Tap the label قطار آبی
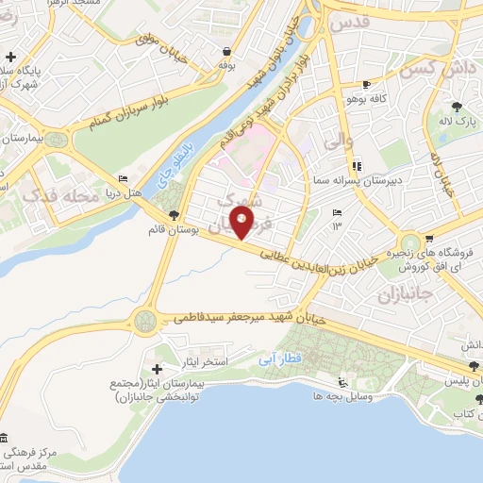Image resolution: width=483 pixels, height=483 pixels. tap(279, 359)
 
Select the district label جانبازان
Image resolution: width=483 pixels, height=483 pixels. tap(404, 295)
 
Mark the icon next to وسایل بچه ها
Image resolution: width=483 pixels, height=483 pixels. tap(342, 383)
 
